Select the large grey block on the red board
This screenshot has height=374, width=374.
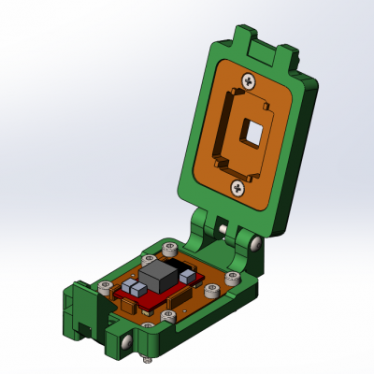[156, 277]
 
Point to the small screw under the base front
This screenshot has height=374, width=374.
[147, 359]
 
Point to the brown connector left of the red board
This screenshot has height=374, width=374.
[122, 303]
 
